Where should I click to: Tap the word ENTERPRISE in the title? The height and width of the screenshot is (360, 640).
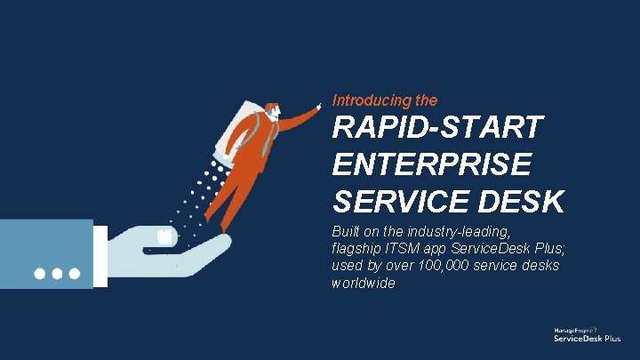coord(432,165)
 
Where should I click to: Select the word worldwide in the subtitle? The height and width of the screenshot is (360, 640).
coord(363,283)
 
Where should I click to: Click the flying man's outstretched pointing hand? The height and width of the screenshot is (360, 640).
coord(318,106)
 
